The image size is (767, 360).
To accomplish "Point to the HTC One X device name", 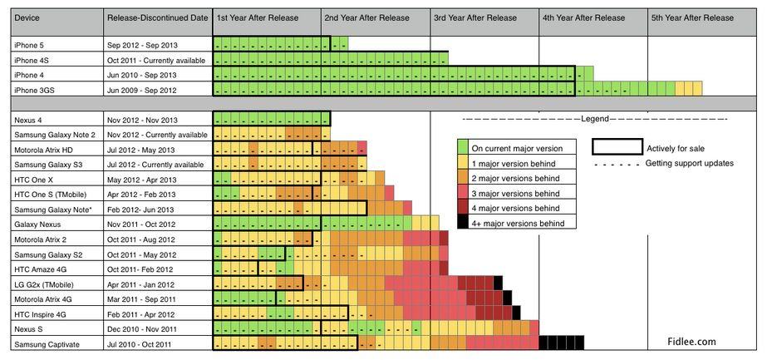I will pos(34,180).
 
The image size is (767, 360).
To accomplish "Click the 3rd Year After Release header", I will pos(474,17).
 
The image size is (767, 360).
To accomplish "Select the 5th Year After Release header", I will pos(692,17).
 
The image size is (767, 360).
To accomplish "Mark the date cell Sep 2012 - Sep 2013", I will pos(142,45).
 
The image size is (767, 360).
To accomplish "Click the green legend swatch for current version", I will pos(464,148).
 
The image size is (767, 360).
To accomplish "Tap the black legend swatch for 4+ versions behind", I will pos(464,223).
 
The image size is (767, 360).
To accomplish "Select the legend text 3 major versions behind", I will pos(515,193).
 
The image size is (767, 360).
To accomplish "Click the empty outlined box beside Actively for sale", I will pos(617,148).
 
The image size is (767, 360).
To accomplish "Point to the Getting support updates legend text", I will pos(690,163).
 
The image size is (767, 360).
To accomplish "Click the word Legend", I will pos(595,119).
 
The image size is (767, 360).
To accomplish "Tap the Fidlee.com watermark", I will pos(691,342).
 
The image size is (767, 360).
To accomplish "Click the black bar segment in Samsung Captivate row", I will pos(560,342).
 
